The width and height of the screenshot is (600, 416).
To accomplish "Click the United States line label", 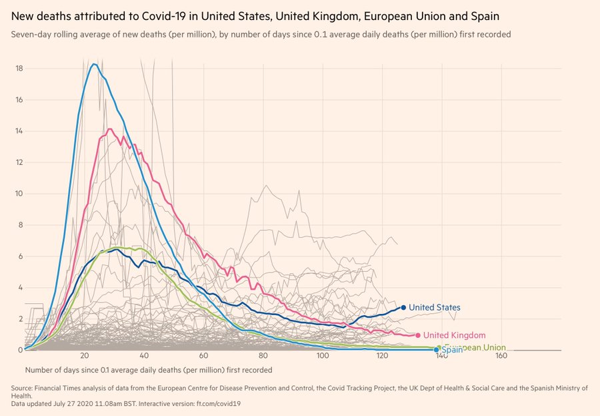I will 434,308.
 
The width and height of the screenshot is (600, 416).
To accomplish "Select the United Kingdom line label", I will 454,335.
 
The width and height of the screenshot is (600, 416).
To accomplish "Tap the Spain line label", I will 451,350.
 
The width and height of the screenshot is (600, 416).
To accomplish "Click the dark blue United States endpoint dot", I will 403,307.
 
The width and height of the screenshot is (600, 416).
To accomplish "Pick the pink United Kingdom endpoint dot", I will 418,335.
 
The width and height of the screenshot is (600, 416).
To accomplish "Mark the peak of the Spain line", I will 94,64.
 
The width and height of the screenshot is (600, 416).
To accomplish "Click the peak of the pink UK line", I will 109,129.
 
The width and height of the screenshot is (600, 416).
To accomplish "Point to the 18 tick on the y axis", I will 20,69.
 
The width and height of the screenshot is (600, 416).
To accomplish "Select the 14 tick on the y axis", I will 20,131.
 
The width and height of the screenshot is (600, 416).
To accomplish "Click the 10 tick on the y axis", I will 20,194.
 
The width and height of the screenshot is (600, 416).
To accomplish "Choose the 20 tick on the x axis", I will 84,357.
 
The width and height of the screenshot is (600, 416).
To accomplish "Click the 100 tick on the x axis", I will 323,357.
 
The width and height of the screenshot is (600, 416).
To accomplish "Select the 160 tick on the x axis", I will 502,357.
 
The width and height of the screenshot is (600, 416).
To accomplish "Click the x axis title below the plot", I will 149,369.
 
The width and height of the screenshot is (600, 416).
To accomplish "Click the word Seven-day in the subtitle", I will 31,34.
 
